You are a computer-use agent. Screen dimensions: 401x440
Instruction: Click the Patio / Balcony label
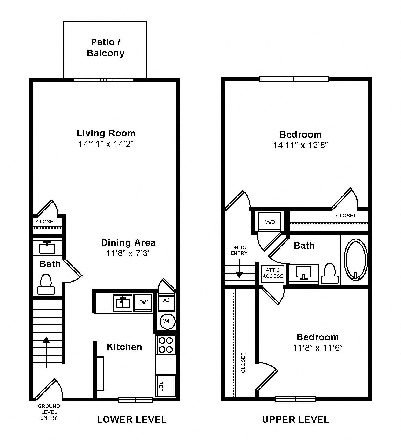click(106, 48)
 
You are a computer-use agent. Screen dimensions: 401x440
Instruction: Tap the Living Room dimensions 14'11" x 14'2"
click(106, 144)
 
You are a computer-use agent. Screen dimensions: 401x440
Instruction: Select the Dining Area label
click(128, 242)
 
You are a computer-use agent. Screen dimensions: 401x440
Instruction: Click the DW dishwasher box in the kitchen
click(143, 302)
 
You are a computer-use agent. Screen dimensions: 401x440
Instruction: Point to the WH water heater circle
click(167, 321)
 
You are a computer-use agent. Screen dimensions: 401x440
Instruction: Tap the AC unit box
click(167, 302)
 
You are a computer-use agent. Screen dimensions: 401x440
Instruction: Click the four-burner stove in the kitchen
click(166, 345)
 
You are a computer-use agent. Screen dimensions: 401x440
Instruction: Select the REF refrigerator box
click(165, 386)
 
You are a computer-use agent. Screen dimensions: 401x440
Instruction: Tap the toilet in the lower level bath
click(46, 284)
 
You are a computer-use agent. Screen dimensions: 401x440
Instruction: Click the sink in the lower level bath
click(47, 248)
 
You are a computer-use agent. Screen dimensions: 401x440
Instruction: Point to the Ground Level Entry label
click(49, 412)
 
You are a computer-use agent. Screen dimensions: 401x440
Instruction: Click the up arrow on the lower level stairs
click(46, 352)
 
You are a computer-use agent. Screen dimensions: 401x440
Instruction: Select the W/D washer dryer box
click(270, 222)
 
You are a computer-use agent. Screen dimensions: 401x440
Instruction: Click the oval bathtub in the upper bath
click(356, 259)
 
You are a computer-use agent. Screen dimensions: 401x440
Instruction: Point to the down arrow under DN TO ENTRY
click(239, 268)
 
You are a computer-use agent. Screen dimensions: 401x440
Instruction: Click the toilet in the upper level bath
click(330, 273)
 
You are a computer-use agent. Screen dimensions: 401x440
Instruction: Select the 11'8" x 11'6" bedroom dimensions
click(318, 348)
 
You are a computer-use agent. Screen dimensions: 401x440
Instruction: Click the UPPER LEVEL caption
click(295, 419)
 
